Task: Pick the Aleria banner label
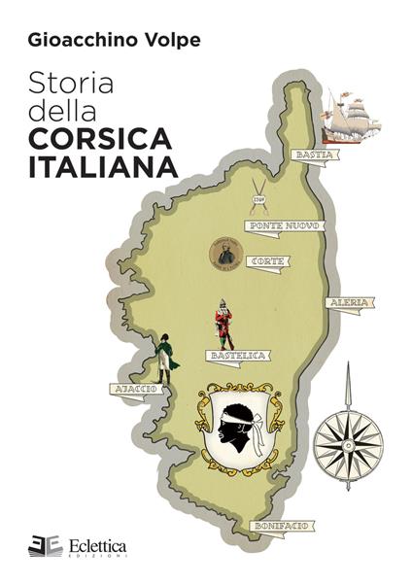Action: [x=349, y=302]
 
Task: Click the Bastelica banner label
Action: [x=239, y=356]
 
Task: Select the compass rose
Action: [x=348, y=436]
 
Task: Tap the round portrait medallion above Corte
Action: [x=225, y=255]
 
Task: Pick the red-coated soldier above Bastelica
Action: [x=224, y=324]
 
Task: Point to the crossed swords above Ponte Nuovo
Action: [x=258, y=193]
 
